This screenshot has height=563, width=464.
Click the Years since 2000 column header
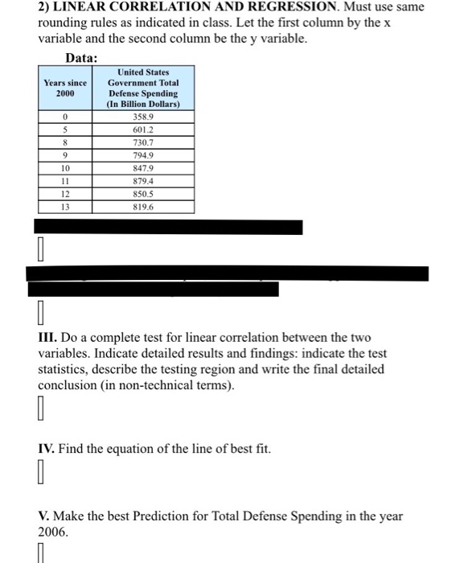[x=64, y=88]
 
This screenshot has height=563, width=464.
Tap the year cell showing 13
[x=64, y=207]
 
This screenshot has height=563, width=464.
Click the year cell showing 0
[x=64, y=117]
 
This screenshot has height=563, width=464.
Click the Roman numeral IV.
[x=47, y=448]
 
